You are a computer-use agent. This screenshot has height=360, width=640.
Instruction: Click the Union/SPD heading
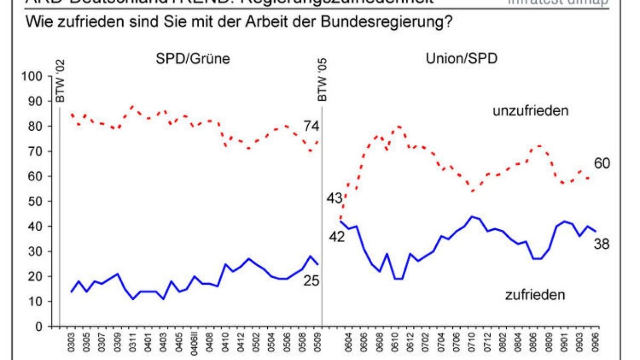point(461,59)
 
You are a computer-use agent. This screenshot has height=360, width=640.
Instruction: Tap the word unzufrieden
point(531,111)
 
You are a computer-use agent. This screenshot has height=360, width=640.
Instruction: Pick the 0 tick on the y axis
point(38,326)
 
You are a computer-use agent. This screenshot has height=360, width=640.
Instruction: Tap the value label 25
point(311,279)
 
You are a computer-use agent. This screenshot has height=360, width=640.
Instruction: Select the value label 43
point(335,198)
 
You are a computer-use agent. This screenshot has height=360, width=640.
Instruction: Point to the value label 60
point(602,163)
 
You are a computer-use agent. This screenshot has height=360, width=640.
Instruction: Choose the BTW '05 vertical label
point(322,80)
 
